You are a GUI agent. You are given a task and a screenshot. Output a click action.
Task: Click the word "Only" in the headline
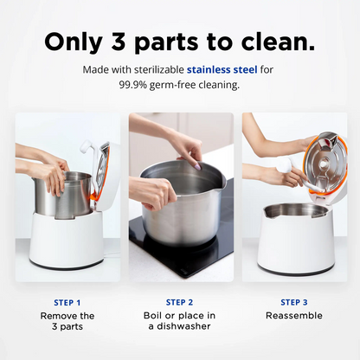[x=74, y=42]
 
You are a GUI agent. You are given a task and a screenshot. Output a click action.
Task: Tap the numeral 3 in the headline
[x=119, y=42]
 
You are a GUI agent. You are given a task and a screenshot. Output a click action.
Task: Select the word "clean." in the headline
[x=278, y=42]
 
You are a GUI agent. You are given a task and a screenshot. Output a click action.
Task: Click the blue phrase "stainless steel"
[x=222, y=69]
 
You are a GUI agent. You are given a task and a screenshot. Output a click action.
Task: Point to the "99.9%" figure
[x=133, y=85]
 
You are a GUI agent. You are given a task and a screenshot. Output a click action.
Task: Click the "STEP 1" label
[x=67, y=303]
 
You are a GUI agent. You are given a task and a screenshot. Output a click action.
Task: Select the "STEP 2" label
[x=179, y=302]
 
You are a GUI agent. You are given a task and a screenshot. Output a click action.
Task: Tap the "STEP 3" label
[x=294, y=302]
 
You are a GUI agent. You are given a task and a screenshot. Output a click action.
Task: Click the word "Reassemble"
[x=294, y=315]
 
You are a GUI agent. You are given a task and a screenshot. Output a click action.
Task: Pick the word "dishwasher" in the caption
[x=183, y=326]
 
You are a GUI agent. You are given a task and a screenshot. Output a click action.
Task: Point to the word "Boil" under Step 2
[x=152, y=315]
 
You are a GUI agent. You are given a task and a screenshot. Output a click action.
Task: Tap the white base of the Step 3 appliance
[x=296, y=242]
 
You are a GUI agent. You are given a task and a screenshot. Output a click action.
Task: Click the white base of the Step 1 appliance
[x=67, y=240]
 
